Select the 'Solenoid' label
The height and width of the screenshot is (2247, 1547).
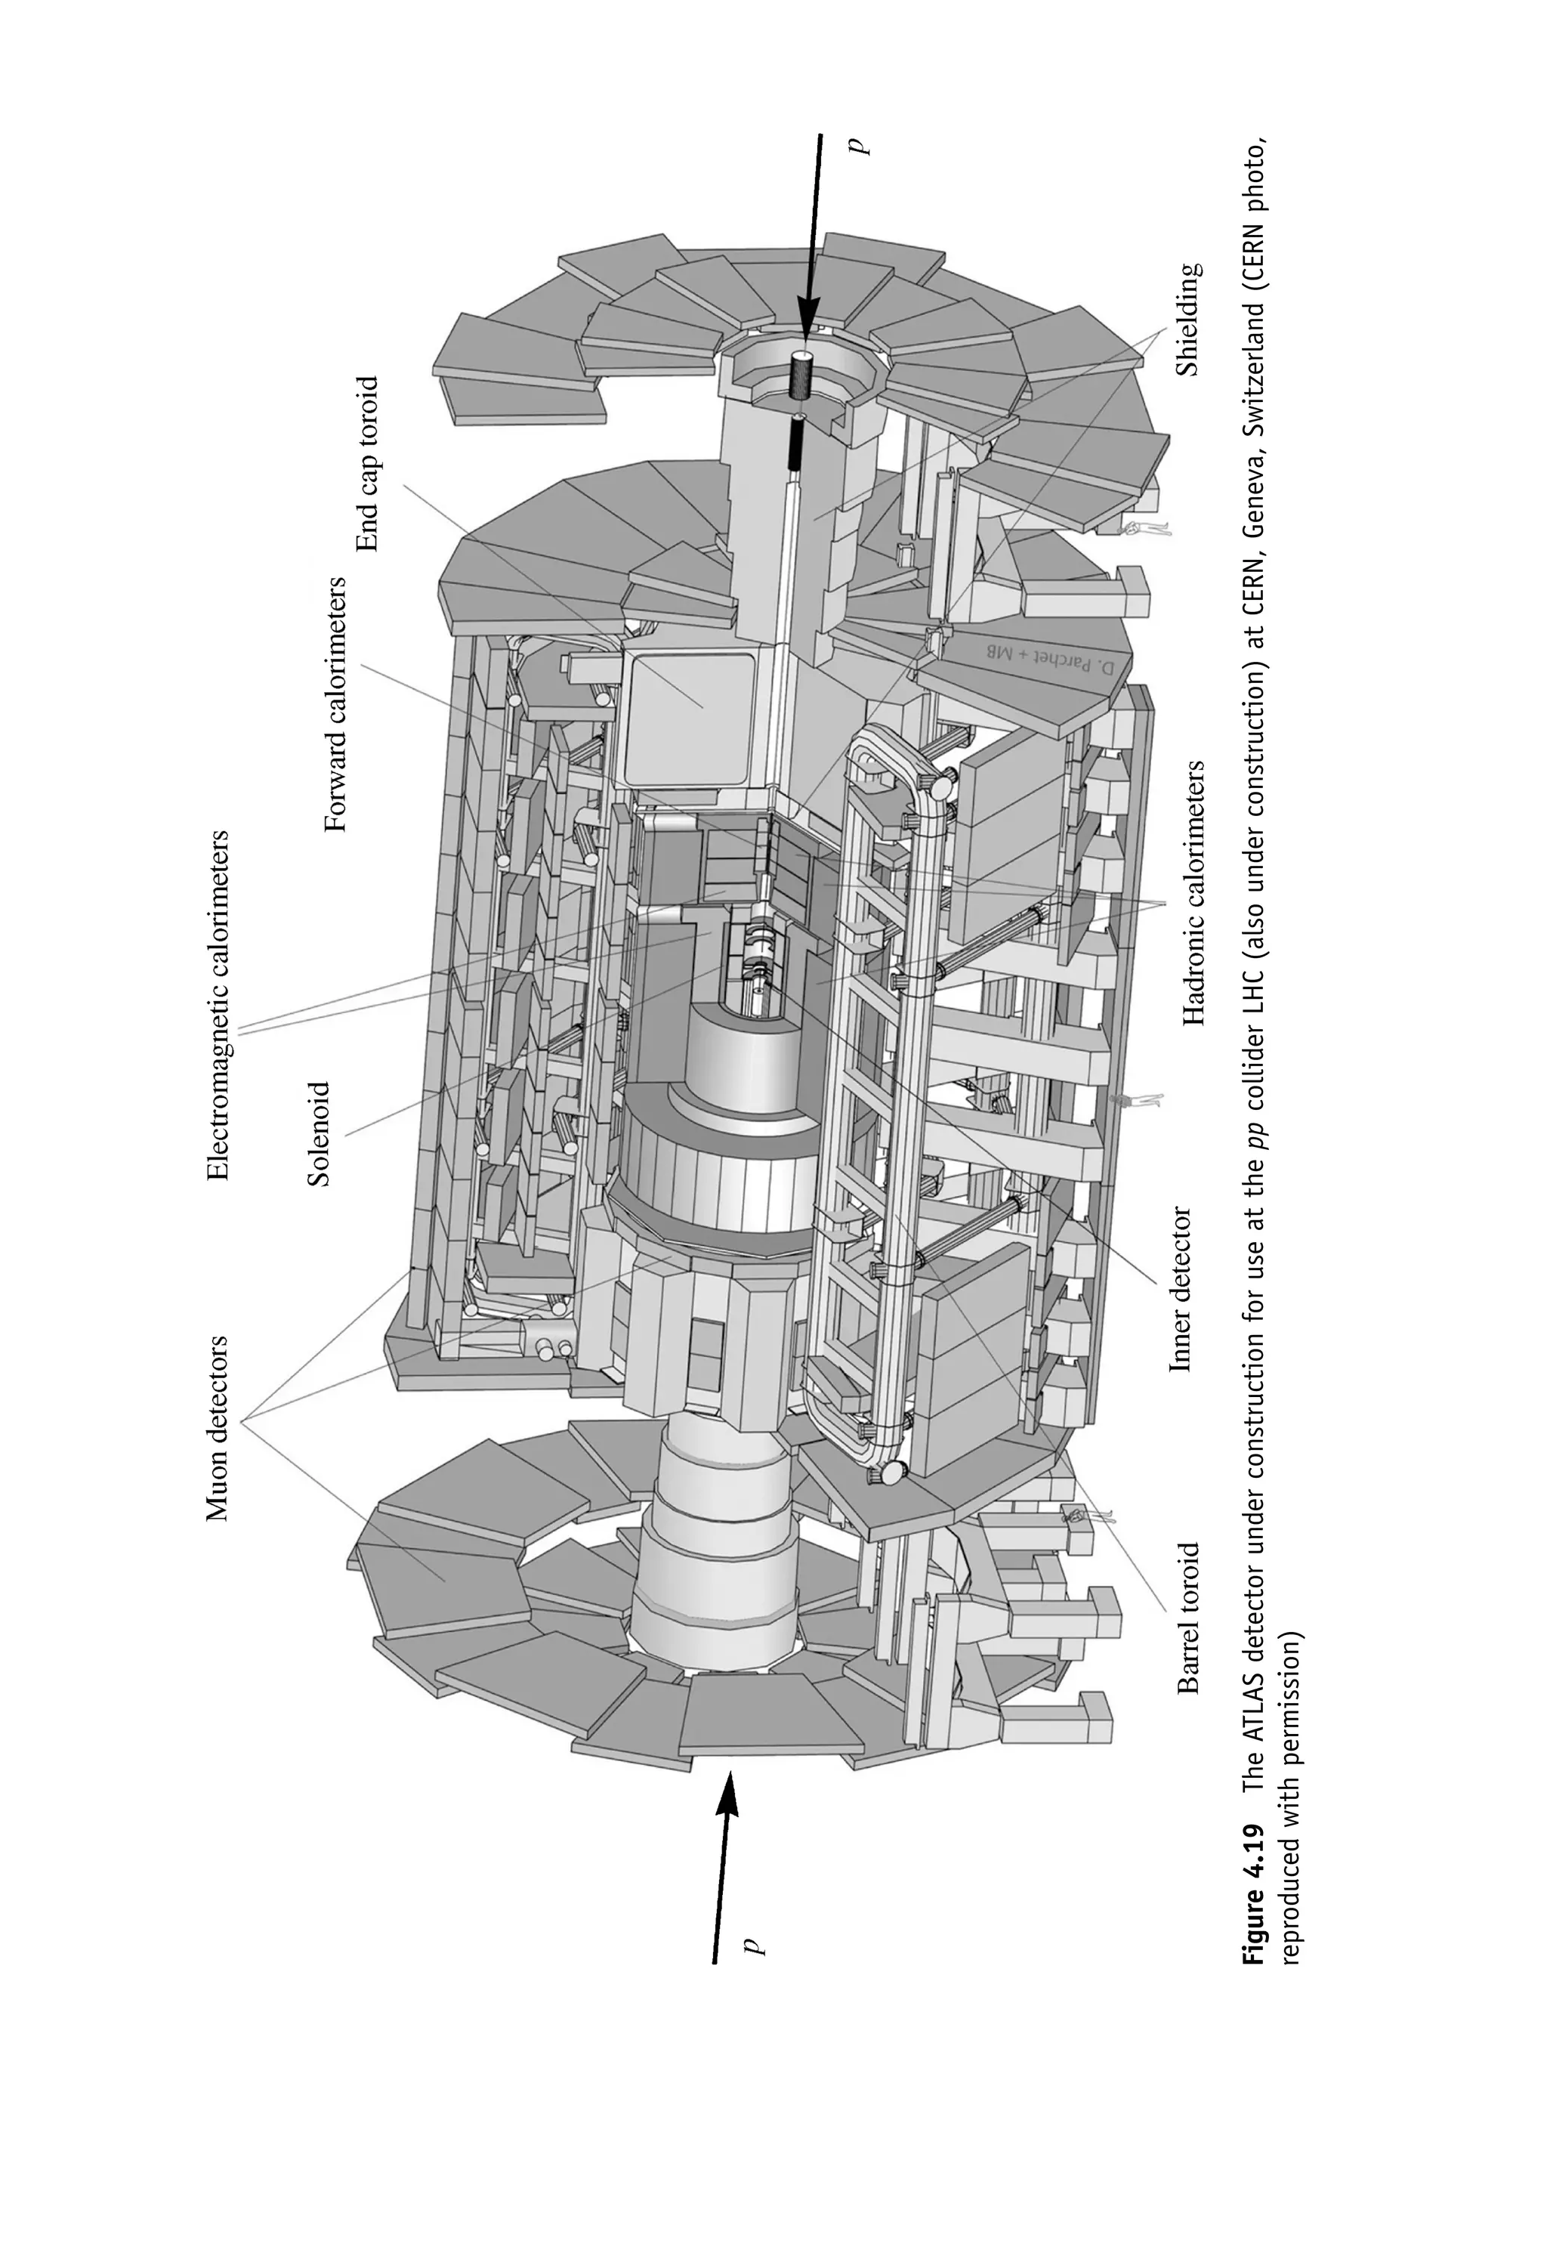coord(319,1133)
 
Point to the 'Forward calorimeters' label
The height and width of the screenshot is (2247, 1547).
coord(335,705)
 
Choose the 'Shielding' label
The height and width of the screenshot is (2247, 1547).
coord(1188,320)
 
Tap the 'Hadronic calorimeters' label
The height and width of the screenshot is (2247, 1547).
coord(1194,892)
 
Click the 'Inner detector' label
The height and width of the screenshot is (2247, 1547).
coord(1180,1289)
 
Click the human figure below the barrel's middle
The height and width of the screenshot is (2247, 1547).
coord(1136,1100)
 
